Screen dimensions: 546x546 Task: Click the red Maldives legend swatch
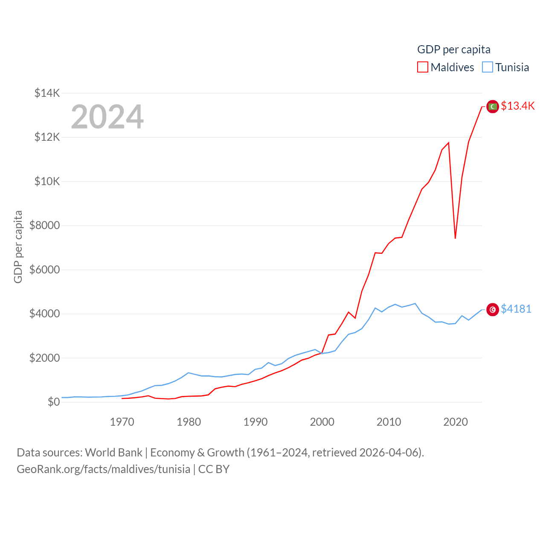[422, 67]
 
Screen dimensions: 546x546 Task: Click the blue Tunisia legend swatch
[488, 67]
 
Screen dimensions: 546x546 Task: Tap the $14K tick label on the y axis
[47, 93]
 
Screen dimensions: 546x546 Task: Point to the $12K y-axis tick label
[47, 137]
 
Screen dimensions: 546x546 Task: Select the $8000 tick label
[44, 226]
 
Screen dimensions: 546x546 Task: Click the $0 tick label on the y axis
[53, 402]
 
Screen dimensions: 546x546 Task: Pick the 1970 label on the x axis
[122, 422]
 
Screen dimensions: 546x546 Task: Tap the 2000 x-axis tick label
[322, 422]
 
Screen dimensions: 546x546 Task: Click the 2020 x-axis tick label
[456, 422]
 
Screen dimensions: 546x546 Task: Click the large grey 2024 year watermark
[107, 117]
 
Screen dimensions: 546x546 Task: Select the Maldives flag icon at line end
[493, 106]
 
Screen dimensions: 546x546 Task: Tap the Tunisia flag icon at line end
[493, 310]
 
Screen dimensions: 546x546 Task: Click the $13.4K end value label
[517, 106]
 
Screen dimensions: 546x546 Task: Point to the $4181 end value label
[516, 309]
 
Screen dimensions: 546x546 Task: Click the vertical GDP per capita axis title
[18, 247]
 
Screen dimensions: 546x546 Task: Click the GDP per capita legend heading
[453, 49]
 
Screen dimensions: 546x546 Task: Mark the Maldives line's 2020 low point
[455, 238]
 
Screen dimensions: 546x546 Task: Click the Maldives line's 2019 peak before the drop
[448, 143]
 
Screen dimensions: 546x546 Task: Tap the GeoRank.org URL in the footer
[103, 469]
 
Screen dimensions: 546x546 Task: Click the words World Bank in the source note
[113, 453]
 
